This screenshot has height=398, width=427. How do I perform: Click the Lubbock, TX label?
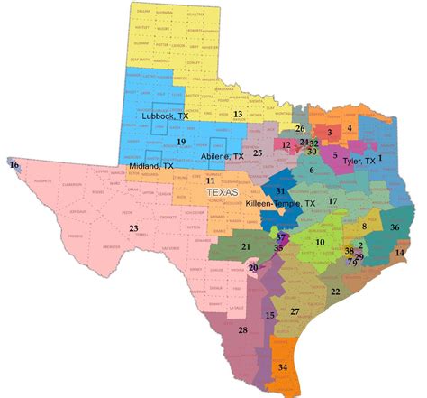pos(164,116)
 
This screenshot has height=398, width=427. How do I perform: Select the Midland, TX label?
pos(150,167)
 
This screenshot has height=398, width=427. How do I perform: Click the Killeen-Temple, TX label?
pos(280,204)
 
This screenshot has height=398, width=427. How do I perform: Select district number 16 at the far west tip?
pos(14,165)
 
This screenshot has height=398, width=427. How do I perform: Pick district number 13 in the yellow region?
pos(238,115)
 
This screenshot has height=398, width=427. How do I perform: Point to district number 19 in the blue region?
pos(180,142)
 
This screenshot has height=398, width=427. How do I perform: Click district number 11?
pos(209,181)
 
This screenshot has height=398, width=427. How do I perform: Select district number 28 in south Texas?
pos(241,330)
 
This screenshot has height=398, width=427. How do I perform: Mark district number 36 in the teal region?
pos(395,228)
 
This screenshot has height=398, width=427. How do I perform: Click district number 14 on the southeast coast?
pos(399,254)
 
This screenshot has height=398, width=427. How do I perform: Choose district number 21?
pos(245,245)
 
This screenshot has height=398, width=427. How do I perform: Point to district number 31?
pos(281,191)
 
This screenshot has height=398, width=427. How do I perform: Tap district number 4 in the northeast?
pos(349,128)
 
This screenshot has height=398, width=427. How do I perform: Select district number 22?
pos(335,292)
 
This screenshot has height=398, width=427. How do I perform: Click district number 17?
pos(332,200)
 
